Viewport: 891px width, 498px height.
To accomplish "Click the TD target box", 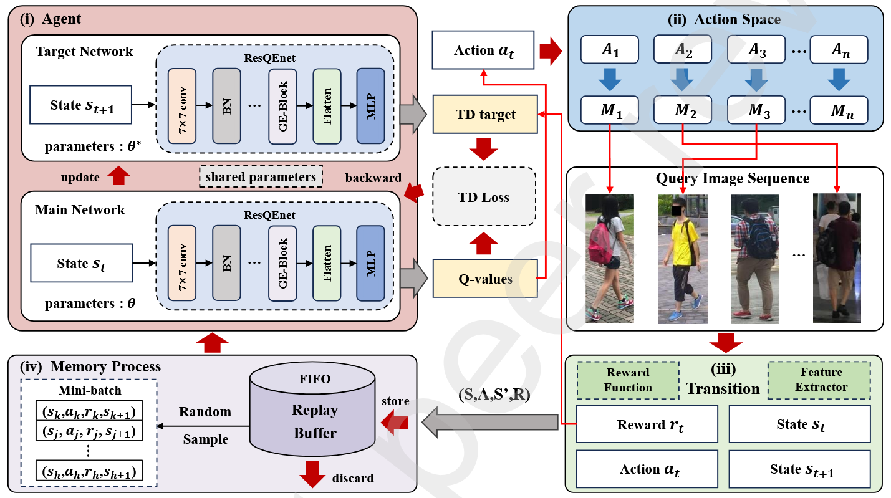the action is pyautogui.click(x=485, y=114).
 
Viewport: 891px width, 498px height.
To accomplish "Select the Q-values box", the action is pyautogui.click(x=485, y=279).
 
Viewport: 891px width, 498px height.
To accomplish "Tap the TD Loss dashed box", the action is pyautogui.click(x=484, y=196).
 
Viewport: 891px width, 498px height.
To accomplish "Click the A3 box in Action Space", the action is pyautogui.click(x=756, y=49).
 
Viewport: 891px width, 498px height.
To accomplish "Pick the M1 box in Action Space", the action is pyautogui.click(x=610, y=110).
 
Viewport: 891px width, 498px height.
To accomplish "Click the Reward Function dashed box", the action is pyautogui.click(x=628, y=380).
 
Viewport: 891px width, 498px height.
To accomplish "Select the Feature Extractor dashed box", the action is pyautogui.click(x=819, y=380).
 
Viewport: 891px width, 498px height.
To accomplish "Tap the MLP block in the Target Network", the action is pyautogui.click(x=370, y=106).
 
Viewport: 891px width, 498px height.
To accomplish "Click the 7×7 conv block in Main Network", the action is pyautogui.click(x=182, y=263).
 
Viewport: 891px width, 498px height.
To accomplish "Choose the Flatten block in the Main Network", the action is pyautogui.click(x=327, y=263).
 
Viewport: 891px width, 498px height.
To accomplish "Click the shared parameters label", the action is pyautogui.click(x=261, y=176).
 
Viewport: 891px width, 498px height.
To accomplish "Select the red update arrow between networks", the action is pyautogui.click(x=118, y=175).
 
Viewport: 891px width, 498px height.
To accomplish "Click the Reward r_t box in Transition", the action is pyautogui.click(x=647, y=424).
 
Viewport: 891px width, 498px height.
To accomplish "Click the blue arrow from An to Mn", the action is pyautogui.click(x=839, y=79).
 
